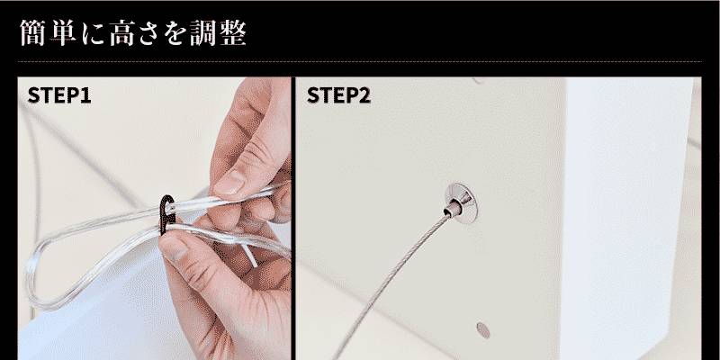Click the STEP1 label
(x=59, y=95)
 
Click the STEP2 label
(x=338, y=95)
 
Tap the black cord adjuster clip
(x=167, y=214)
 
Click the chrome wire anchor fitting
(x=461, y=204)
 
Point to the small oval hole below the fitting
(x=482, y=330)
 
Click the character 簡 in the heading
(x=32, y=33)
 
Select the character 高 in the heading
(x=121, y=34)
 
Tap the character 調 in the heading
(x=204, y=33)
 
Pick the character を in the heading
(x=176, y=34)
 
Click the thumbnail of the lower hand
(x=173, y=248)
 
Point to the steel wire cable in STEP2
(x=391, y=284)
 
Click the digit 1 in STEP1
(x=85, y=95)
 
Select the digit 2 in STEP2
(x=364, y=95)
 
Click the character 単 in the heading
(x=63, y=33)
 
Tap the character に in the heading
(x=94, y=34)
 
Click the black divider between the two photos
(x=293, y=218)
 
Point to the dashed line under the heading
(x=359, y=61)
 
